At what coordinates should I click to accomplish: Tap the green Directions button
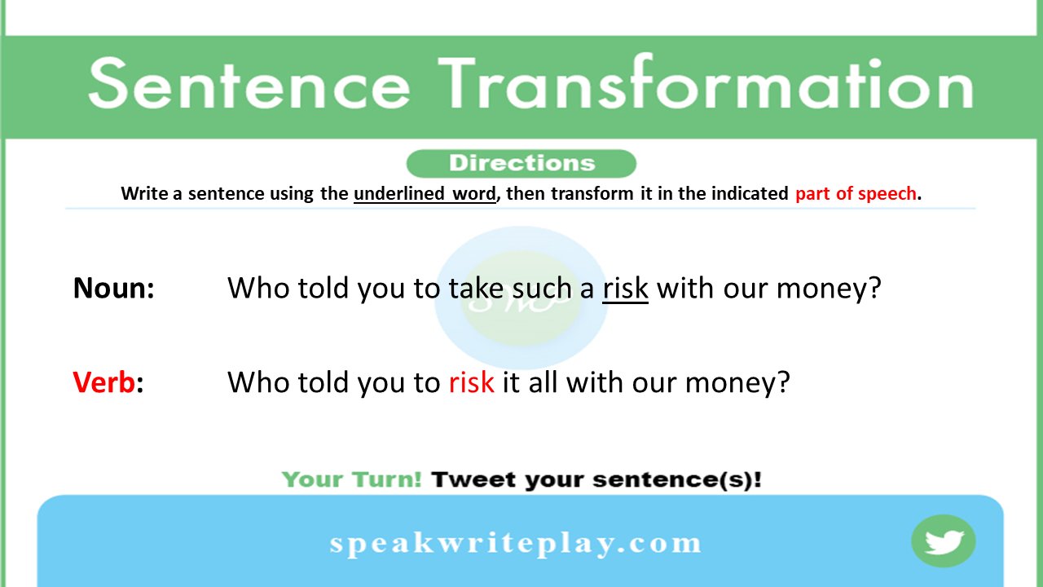point(521,163)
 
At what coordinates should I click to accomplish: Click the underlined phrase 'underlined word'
point(425,194)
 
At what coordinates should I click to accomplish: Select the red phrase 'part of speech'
point(856,194)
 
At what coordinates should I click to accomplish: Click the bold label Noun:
point(114,288)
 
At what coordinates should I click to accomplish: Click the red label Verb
point(104,382)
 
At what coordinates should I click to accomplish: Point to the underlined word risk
point(625,288)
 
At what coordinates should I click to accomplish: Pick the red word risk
point(471,382)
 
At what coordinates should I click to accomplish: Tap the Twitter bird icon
point(944,541)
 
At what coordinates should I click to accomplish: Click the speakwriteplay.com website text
point(515,543)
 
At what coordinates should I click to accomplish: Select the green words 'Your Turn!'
point(351,479)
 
